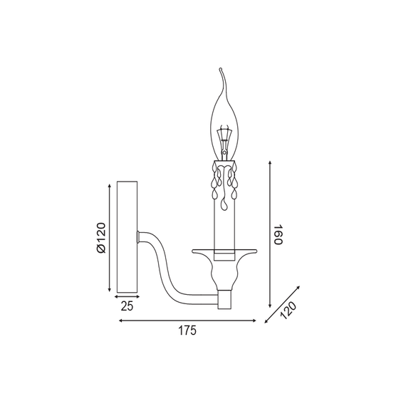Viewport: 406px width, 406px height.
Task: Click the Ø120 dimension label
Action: click(x=101, y=237)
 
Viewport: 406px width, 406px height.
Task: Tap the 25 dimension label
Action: click(x=127, y=306)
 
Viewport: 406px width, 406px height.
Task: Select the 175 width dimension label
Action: click(x=187, y=330)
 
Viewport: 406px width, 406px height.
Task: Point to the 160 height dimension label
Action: click(x=279, y=234)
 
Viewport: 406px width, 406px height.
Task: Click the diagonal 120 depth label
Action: click(x=288, y=310)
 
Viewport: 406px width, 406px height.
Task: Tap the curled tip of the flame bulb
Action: click(x=220, y=69)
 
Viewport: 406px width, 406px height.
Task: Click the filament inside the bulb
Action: click(x=224, y=140)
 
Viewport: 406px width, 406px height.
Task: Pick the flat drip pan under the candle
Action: click(x=224, y=251)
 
